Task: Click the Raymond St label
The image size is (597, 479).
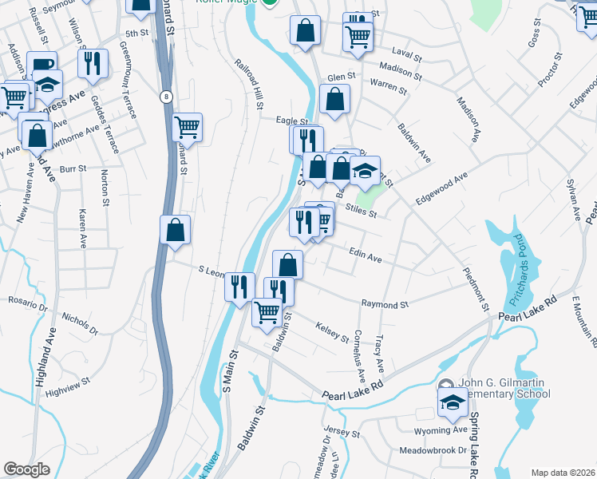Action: coord(385,304)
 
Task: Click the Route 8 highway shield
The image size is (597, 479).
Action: coord(166,97)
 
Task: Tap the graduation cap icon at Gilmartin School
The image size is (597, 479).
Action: coord(453,402)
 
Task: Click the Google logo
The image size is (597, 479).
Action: coord(26,469)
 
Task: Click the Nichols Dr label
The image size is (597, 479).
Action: coord(79,323)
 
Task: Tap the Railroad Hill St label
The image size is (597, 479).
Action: coord(249,83)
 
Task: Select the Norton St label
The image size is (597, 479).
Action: coord(105,192)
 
